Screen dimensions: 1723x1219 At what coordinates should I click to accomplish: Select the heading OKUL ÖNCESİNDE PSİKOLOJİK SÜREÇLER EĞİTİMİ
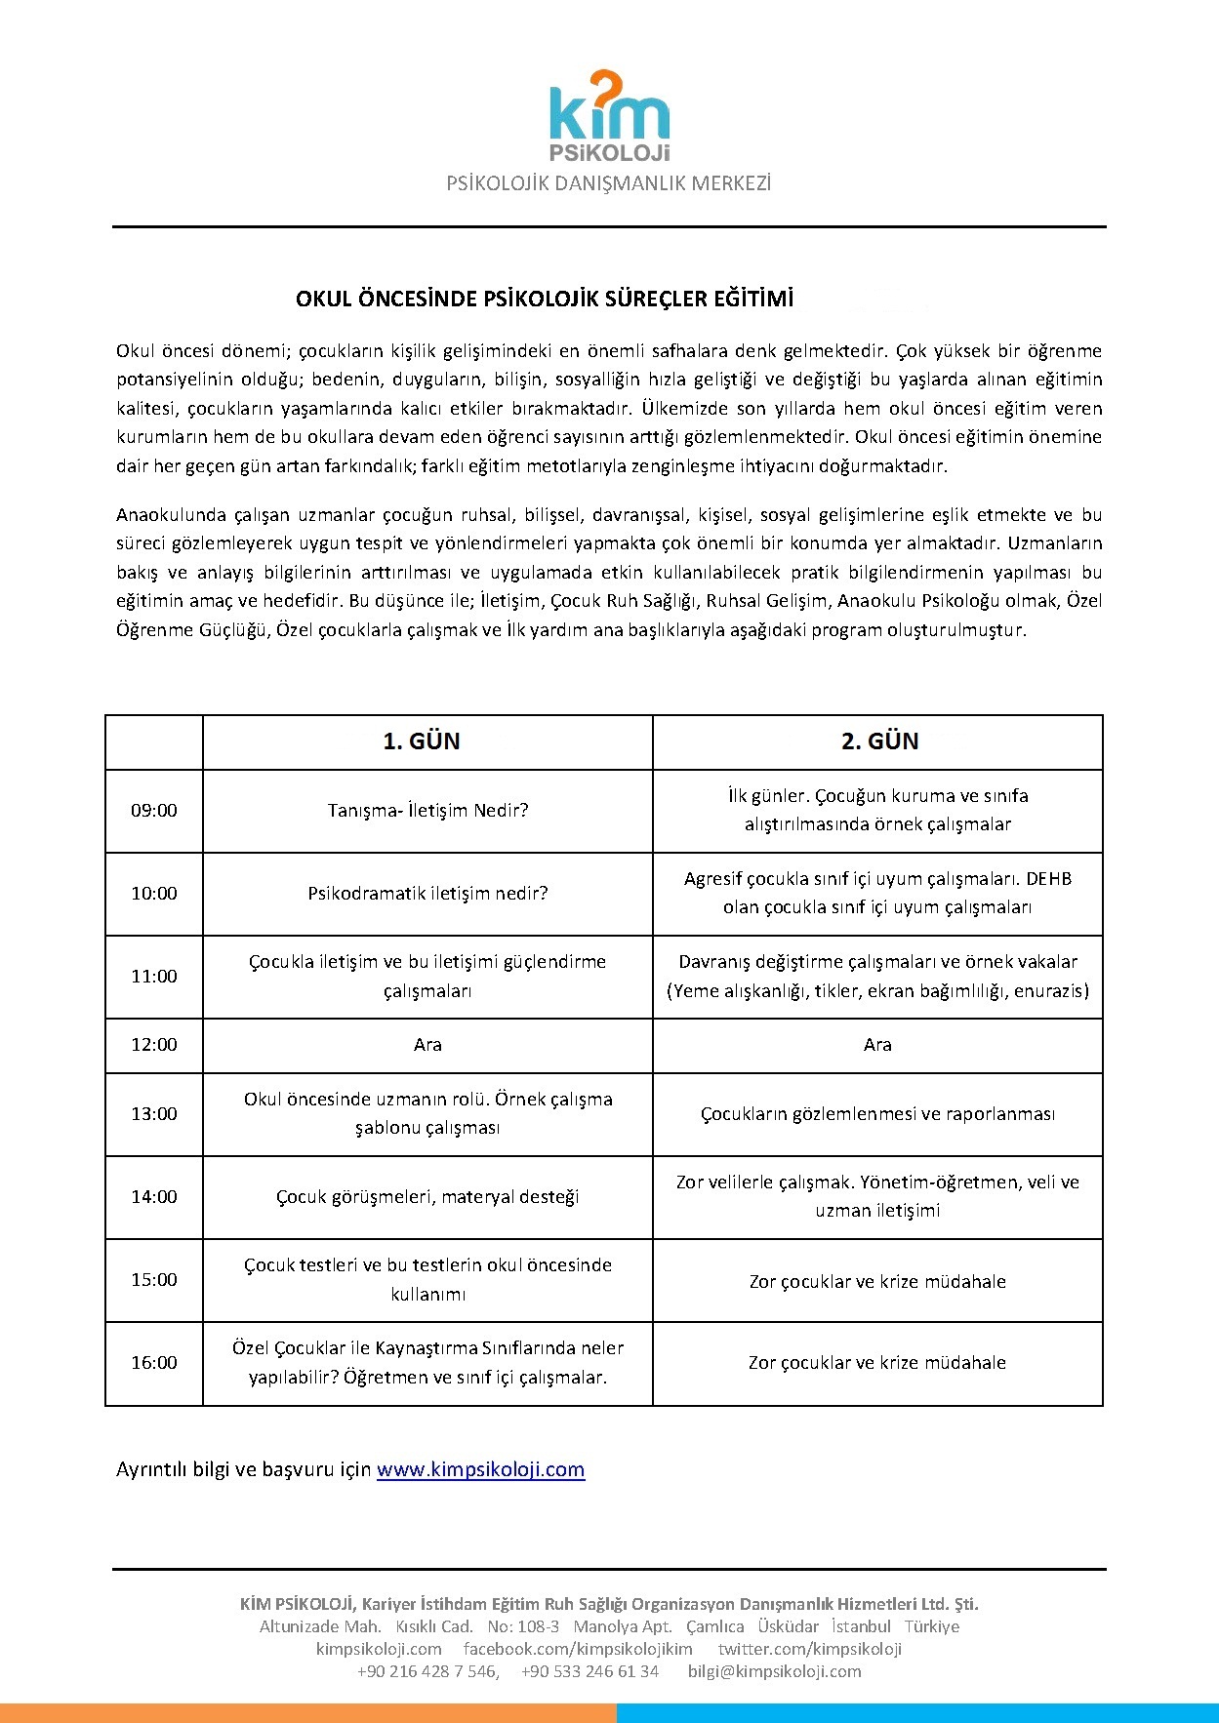545,299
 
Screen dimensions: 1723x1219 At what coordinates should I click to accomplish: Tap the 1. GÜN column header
422,741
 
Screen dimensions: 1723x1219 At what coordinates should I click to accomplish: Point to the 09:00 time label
154,811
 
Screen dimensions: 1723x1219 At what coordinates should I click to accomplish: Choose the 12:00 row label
154,1045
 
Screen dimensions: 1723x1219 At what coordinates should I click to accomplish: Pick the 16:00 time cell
154,1363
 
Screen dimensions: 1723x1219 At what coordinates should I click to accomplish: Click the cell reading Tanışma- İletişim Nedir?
427,811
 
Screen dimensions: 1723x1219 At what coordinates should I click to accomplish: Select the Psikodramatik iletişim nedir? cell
427,894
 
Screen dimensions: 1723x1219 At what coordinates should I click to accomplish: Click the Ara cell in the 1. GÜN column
427,1045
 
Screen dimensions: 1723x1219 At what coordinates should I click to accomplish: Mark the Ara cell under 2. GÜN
877,1045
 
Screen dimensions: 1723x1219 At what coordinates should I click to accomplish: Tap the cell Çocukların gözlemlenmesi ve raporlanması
877,1114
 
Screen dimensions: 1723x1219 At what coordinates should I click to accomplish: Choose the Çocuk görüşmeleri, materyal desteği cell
427,1197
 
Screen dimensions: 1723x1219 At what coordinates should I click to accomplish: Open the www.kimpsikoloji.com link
480,1469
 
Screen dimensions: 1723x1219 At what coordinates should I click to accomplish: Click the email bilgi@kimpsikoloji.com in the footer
774,1671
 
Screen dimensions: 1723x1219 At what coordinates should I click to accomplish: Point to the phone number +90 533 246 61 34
589,1671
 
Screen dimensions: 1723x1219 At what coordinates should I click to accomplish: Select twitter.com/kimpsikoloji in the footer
809,1649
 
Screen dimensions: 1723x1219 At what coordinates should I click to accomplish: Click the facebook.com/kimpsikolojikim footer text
578,1649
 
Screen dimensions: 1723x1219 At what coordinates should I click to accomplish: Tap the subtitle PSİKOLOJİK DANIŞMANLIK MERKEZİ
609,183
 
